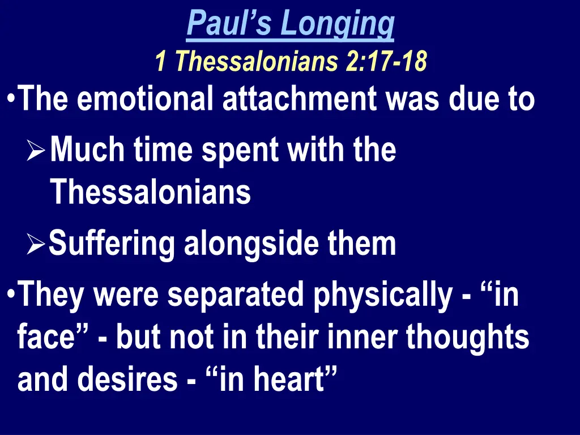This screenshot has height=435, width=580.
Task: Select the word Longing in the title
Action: [x=338, y=23]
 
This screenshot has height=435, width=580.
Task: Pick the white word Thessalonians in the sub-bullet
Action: [x=151, y=193]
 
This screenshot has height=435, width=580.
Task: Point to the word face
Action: [x=52, y=338]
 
